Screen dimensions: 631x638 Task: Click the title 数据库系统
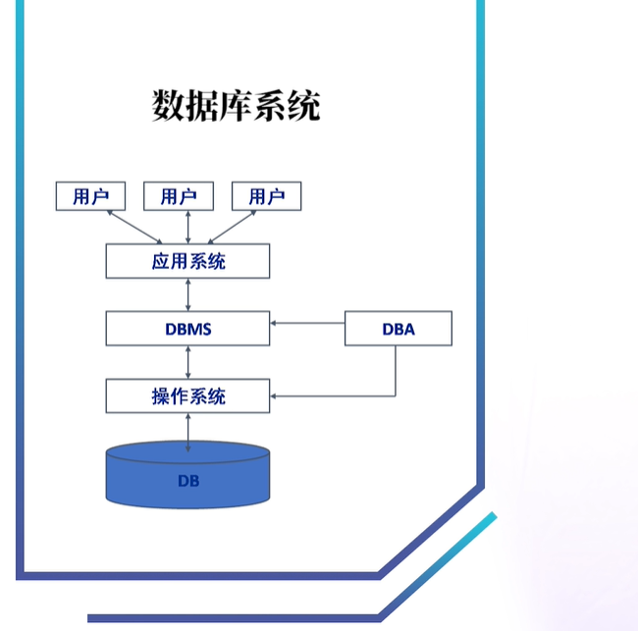click(x=236, y=104)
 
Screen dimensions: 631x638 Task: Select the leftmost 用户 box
click(x=90, y=196)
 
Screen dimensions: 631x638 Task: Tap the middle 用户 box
click(x=178, y=196)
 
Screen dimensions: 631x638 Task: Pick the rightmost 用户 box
click(x=266, y=196)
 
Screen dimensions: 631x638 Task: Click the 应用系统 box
click(x=187, y=261)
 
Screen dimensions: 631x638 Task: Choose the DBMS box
click(x=187, y=329)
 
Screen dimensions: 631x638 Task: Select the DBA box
click(x=398, y=329)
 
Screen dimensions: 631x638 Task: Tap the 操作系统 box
click(x=187, y=395)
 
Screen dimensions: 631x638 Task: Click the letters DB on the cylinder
click(x=188, y=481)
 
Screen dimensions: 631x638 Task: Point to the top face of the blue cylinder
click(x=187, y=454)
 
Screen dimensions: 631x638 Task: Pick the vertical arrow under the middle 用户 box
click(x=187, y=227)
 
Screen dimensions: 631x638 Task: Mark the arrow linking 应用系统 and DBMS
click(x=187, y=294)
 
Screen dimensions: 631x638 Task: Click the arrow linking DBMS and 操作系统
click(x=187, y=362)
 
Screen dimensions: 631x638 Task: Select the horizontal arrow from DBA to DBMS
click(x=307, y=322)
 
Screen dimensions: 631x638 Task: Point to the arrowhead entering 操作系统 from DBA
click(x=276, y=395)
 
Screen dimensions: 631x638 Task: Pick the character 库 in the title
click(x=236, y=104)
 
